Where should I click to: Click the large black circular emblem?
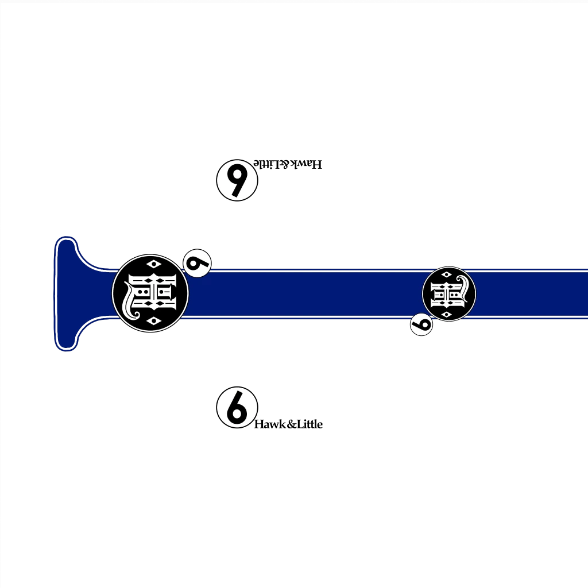pyautogui.click(x=150, y=293)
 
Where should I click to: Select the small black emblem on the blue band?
pyautogui.click(x=449, y=293)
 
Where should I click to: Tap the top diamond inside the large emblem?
pyautogui.click(x=153, y=264)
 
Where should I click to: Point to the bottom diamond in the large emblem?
pyautogui.click(x=153, y=320)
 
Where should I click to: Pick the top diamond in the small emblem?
pyautogui.click(x=446, y=274)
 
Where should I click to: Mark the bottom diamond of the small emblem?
pyautogui.click(x=446, y=314)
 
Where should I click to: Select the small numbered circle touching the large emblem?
pyautogui.click(x=198, y=263)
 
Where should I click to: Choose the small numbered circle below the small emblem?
pyautogui.click(x=421, y=324)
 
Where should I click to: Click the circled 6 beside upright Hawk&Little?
pyautogui.click(x=237, y=408)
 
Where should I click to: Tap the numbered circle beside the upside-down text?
pyautogui.click(x=237, y=180)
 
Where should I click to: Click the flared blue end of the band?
pyautogui.click(x=75, y=293)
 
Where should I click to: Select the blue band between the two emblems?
pyautogui.click(x=305, y=293)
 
